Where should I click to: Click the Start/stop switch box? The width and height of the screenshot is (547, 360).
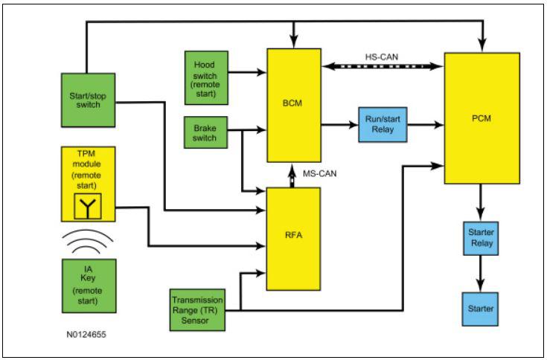tap(89, 100)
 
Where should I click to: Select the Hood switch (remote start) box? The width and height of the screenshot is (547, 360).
tap(207, 77)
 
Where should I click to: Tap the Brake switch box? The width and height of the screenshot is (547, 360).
tap(206, 132)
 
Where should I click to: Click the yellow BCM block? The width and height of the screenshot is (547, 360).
tap(294, 105)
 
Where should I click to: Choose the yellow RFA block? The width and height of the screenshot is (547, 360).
tap(294, 239)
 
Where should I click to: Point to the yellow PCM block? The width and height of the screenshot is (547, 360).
tap(482, 118)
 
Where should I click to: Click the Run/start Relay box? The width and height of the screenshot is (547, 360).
tap(383, 124)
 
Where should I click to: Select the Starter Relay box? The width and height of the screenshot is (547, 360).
tap(481, 238)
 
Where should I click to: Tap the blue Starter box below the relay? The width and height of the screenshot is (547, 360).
tap(480, 309)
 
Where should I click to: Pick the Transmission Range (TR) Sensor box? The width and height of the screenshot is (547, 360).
tap(197, 310)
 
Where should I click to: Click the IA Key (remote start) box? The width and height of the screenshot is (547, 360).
tap(89, 286)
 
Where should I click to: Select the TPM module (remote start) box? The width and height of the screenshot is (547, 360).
tap(89, 184)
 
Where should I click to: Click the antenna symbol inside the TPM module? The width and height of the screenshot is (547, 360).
tap(88, 206)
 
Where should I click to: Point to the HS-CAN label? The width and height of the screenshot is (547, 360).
tap(382, 57)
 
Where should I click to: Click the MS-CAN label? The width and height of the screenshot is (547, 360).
tap(319, 173)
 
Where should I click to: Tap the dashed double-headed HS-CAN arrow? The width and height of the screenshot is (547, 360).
tap(383, 66)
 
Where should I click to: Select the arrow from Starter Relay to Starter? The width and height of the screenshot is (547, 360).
tap(481, 274)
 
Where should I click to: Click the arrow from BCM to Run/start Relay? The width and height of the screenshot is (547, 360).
tap(340, 124)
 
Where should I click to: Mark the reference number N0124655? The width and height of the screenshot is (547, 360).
tap(86, 335)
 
